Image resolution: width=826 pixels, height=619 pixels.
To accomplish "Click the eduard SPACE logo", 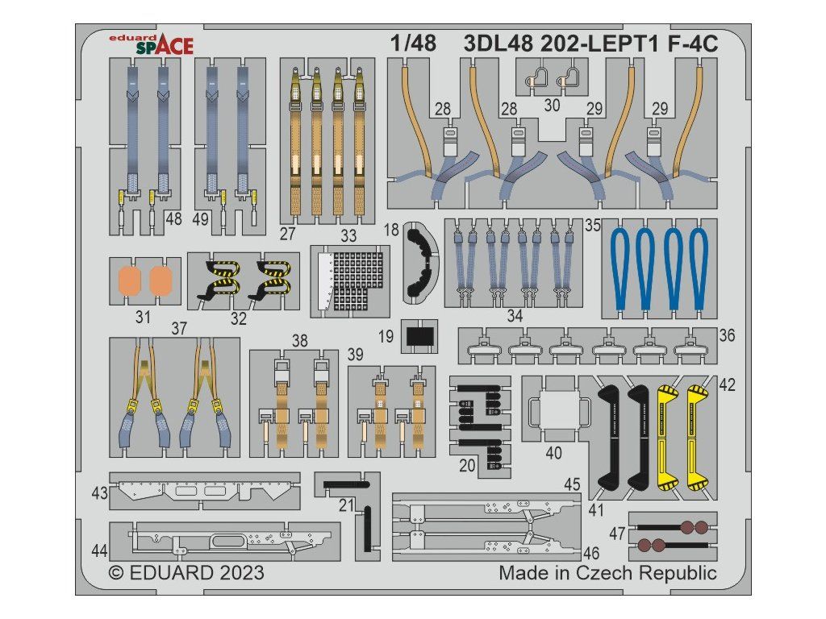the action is point(151,44).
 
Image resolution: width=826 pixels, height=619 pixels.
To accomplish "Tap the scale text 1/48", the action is point(414,44).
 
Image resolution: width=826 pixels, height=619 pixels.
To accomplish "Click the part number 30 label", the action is point(552,106).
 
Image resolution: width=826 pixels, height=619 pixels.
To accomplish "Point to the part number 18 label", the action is point(391,230).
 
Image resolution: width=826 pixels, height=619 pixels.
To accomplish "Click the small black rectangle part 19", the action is point(419,336).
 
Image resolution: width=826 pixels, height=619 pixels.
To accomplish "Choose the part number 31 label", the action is point(143,317).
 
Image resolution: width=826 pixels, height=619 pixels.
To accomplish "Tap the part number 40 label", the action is point(553,453).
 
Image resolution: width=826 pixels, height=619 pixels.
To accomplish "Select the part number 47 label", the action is point(617,534).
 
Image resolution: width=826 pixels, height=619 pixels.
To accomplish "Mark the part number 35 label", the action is point(593,226).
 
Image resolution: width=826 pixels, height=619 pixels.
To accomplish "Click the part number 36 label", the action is point(727,335).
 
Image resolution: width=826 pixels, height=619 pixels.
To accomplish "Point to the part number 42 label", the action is point(727,384).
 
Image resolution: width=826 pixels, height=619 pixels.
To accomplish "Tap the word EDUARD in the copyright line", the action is point(171,573).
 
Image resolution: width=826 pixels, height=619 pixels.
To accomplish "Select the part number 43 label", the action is point(99,493).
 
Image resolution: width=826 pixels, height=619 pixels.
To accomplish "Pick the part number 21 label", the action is point(346,505).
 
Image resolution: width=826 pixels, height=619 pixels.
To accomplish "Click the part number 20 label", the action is point(467,465).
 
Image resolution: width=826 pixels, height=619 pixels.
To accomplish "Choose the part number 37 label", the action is point(179,329).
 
